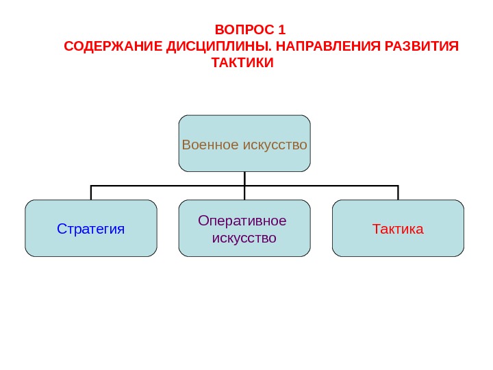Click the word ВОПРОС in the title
point(242,30)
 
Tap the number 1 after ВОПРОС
point(281,30)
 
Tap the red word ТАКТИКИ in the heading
point(242,64)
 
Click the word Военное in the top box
point(209,145)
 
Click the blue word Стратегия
point(91,229)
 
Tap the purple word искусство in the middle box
point(244,238)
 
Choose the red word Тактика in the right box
point(398,229)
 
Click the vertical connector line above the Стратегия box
point(91,193)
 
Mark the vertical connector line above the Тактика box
point(398,193)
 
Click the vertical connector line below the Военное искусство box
point(244,178)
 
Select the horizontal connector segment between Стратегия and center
point(168,186)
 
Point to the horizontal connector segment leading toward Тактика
point(322,186)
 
